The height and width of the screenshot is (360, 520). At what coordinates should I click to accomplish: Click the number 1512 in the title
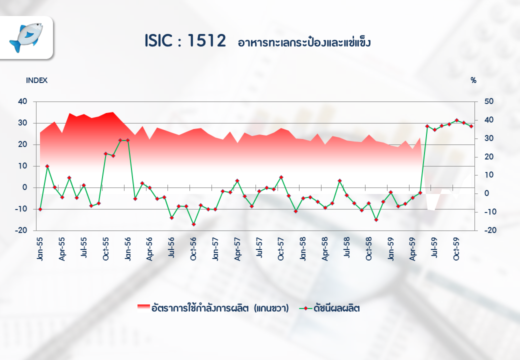[206, 41]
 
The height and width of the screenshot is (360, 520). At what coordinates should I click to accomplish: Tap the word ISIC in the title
[158, 41]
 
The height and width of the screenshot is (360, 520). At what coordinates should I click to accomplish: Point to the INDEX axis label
[36, 80]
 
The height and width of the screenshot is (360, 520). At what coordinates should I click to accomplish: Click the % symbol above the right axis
[473, 80]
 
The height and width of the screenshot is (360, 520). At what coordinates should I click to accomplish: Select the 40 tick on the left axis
[22, 101]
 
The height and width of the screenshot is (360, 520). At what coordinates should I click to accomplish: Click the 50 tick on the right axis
[489, 101]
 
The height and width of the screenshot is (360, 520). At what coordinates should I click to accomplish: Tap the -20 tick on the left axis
[21, 230]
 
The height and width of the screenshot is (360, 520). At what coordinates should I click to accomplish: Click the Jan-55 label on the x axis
[40, 249]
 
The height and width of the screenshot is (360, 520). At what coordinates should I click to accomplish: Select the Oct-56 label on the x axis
[193, 249]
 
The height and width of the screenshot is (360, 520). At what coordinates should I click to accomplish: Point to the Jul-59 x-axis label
[434, 247]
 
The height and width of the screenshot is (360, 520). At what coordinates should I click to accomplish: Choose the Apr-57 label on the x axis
[237, 249]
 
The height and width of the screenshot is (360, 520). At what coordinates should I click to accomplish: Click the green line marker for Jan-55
[40, 209]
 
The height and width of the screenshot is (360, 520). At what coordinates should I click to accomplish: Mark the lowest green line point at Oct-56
[193, 224]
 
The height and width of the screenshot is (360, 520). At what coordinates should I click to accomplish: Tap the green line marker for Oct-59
[456, 120]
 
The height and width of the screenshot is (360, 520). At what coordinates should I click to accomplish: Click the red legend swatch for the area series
[143, 308]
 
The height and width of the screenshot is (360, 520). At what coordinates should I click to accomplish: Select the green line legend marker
[305, 308]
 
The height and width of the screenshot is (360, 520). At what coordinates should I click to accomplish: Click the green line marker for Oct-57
[281, 177]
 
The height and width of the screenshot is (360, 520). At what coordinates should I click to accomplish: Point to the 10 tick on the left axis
[22, 165]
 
